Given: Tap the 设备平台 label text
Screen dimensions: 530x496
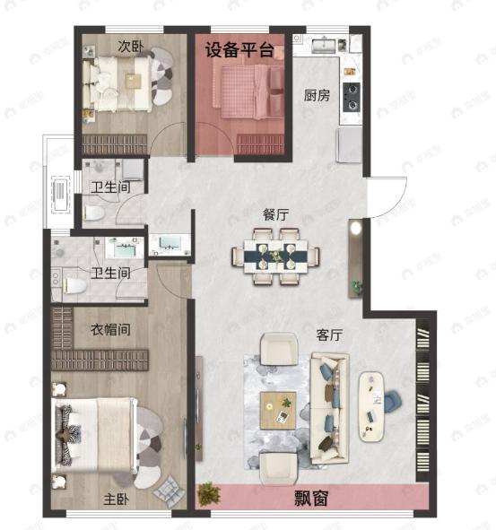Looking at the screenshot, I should [239, 49].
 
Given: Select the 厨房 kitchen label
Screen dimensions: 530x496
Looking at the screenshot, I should [317, 95].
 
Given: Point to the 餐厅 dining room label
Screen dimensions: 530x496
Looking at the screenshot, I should [275, 215].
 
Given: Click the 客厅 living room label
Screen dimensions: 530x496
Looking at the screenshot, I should [331, 335].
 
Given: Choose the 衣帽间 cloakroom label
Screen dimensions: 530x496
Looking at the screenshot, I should [111, 329].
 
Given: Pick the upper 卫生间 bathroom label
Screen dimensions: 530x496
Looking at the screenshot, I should [110, 187].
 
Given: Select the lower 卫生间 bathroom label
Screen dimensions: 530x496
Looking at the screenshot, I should [111, 273].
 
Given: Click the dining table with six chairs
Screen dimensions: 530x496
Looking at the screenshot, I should [276, 256].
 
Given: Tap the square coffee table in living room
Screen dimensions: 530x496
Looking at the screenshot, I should [279, 410].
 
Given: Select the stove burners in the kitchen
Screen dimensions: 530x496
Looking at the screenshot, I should [352, 94].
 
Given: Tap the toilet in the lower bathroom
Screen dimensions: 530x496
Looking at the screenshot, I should [74, 286].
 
